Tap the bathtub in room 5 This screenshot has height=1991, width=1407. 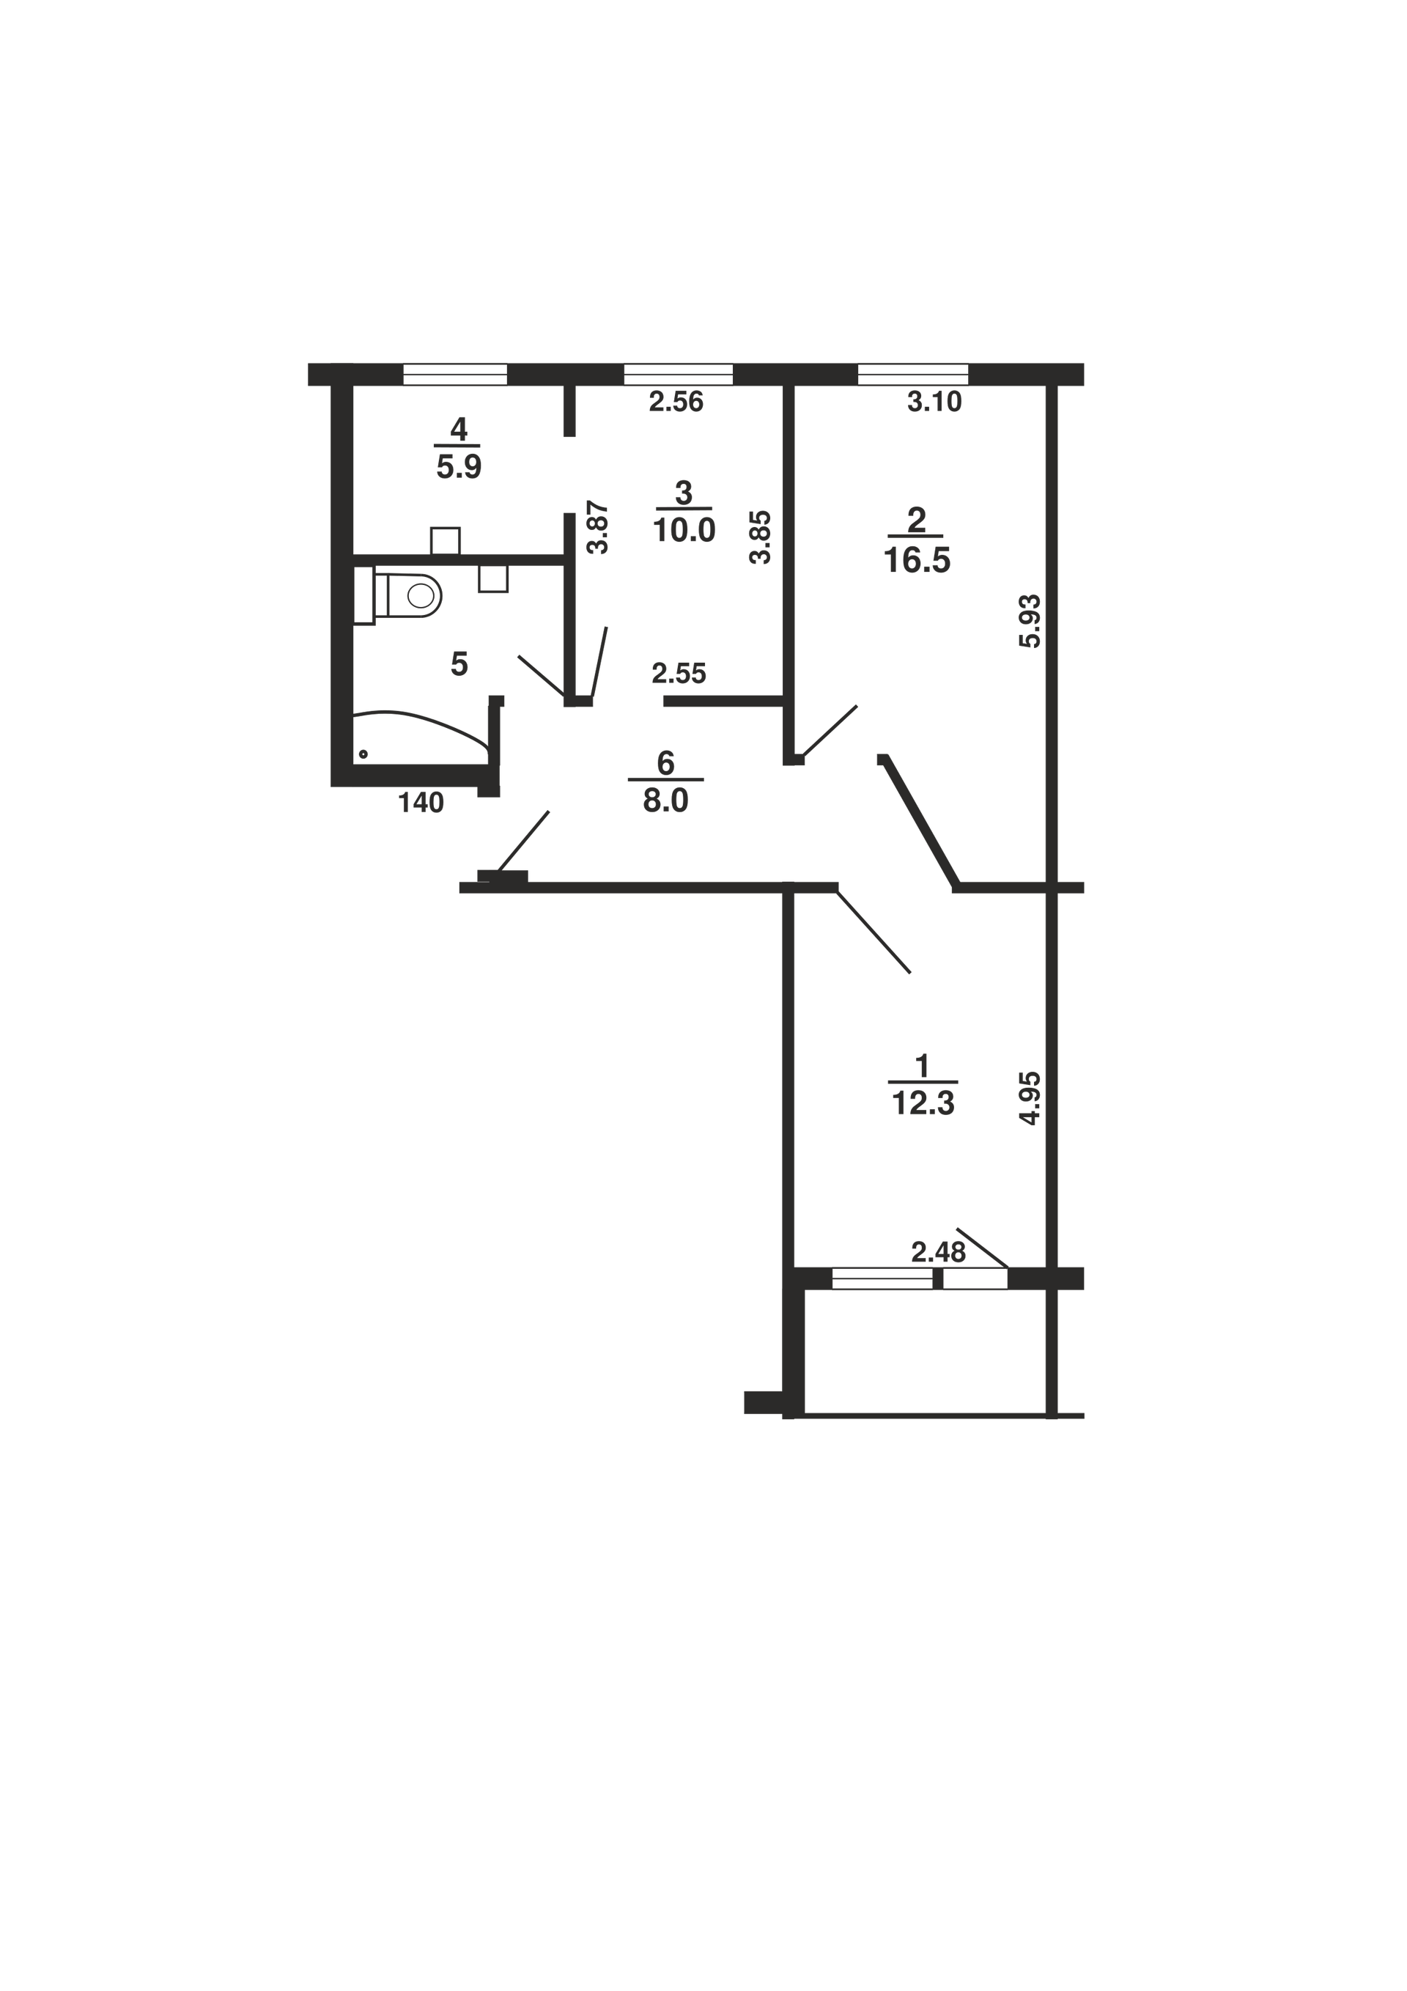(x=421, y=737)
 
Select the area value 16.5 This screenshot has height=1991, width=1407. (x=917, y=560)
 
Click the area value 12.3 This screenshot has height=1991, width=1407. (x=923, y=1103)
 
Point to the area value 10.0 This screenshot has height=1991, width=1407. (x=684, y=529)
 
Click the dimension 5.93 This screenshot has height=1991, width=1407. (x=1030, y=621)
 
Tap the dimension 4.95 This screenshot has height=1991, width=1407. (x=1030, y=1099)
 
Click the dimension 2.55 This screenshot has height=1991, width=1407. (x=679, y=673)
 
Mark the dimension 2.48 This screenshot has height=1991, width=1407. (x=938, y=1252)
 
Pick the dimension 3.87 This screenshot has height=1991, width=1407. (x=598, y=528)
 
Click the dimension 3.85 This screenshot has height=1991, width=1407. (x=760, y=537)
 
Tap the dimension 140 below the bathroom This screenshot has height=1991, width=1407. (x=421, y=803)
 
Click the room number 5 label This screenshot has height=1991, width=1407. (x=459, y=664)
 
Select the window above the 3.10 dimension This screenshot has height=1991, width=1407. (x=913, y=375)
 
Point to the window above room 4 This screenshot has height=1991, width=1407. (x=455, y=375)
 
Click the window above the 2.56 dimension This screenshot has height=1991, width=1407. (x=679, y=375)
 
